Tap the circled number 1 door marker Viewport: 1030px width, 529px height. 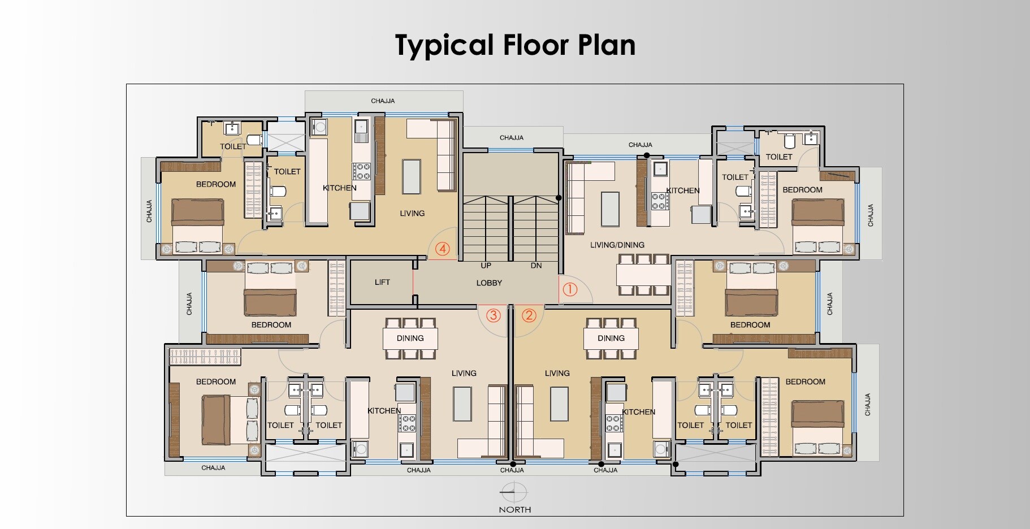tap(569, 289)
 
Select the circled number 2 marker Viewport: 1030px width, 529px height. tap(529, 315)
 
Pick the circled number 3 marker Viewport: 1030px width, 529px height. tap(494, 315)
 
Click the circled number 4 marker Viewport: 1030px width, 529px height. tap(443, 249)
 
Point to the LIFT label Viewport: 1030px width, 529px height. tap(382, 282)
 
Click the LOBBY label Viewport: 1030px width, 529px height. tap(489, 283)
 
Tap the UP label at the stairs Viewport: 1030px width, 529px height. tap(486, 265)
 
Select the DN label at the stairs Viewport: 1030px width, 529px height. tap(536, 265)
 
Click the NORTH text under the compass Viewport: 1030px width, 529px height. tap(514, 509)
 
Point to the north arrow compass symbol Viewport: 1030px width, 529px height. tap(514, 492)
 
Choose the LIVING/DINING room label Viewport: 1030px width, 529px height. tap(617, 245)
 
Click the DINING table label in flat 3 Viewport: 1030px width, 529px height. tap(410, 338)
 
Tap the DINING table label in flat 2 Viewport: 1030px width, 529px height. tap(611, 338)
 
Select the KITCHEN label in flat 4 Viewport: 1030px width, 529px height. tap(339, 188)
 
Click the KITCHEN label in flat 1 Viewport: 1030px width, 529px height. tap(682, 190)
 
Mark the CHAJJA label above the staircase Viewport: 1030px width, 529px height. tap(511, 137)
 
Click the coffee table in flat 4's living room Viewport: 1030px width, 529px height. tap(412, 176)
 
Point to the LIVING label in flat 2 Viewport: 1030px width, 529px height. tap(557, 373)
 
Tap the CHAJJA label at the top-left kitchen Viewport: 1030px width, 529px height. tap(383, 101)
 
